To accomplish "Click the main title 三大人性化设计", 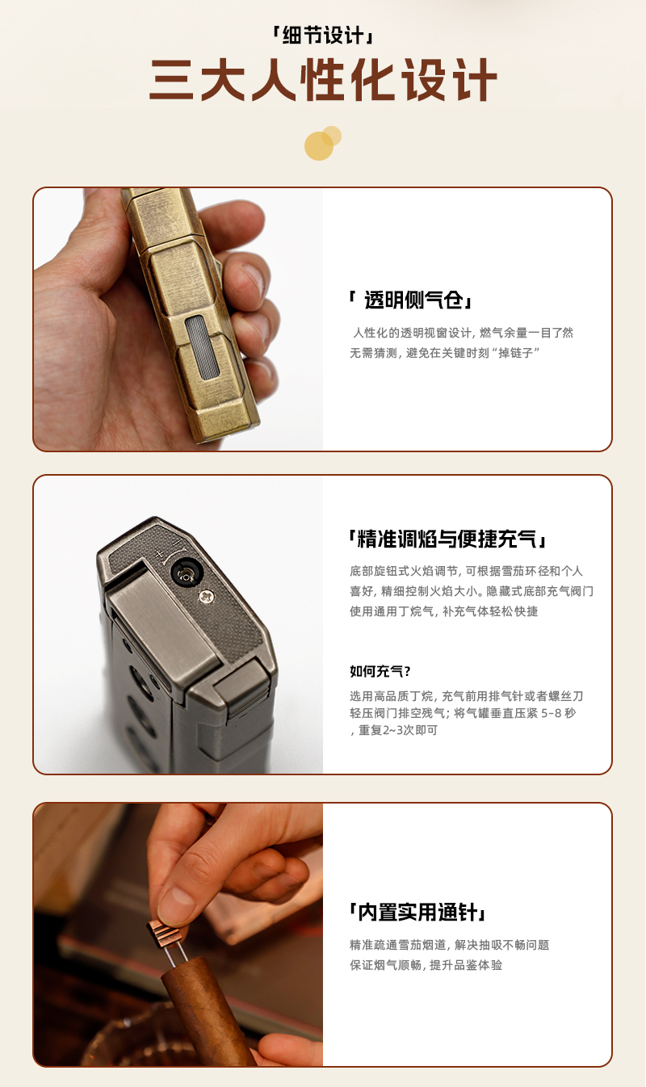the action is pos(323,80).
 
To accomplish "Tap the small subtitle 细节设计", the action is pos(323,36).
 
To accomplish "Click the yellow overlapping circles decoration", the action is pos(322,143).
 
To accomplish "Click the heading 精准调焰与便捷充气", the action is pos(447,539).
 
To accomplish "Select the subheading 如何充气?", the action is pos(380,671).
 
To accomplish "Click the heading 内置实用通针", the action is pos(417,912).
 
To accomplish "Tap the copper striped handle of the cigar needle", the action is pos(165,933).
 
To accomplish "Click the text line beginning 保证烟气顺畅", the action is pos(426,965).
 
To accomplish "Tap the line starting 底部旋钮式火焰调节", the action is pos(466,571).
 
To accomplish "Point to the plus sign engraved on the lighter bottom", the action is pos(159,554).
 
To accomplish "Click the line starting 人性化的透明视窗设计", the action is pos(463,333).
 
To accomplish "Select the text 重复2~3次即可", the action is pos(398,730).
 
